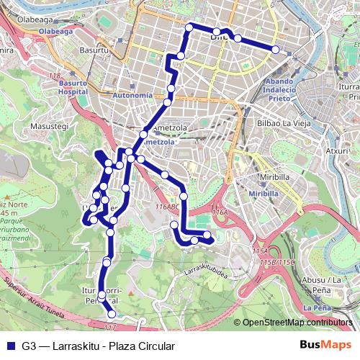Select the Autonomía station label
coord(133,95)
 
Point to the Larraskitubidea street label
coord(207,272)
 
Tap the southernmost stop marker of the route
coord(112,314)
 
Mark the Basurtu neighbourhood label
coord(94,51)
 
